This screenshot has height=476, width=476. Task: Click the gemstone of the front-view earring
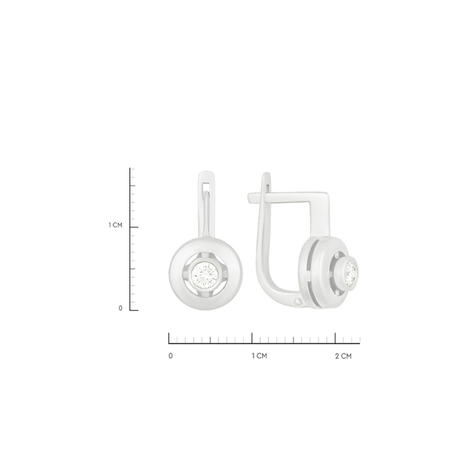205,274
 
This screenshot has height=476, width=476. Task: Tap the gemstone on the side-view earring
351,273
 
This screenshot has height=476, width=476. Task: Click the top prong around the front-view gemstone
205,255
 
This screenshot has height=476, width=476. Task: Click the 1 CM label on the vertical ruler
115,225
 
